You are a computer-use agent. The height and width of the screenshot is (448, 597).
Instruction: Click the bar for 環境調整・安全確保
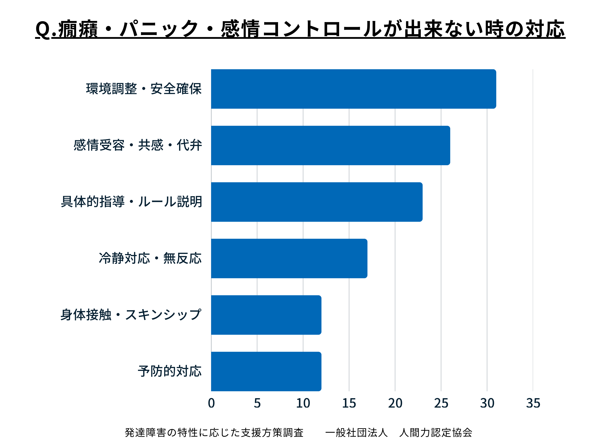tap(353, 89)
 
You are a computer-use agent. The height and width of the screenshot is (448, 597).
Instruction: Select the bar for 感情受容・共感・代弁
tap(330, 145)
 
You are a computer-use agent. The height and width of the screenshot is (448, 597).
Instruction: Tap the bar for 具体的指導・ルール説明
tap(317, 202)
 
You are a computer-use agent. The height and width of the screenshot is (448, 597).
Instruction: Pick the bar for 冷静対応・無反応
tap(289, 258)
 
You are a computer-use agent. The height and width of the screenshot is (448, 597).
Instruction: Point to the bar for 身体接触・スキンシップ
tap(266, 315)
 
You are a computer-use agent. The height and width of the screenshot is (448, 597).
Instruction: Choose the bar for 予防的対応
tap(266, 371)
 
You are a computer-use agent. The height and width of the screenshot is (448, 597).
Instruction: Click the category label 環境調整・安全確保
tap(144, 89)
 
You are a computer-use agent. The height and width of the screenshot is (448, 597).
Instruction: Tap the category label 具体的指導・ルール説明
tap(132, 202)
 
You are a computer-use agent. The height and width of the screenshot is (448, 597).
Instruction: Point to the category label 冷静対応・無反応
tap(150, 258)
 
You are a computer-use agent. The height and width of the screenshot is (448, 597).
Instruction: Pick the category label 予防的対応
tap(169, 371)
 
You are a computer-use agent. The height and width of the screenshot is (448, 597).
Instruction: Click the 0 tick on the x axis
tap(211, 403)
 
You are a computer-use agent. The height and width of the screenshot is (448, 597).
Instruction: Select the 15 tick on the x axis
tap(349, 403)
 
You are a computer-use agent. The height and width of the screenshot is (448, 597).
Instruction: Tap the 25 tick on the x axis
tap(441, 403)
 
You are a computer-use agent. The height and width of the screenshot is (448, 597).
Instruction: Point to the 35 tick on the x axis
tap(533, 403)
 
